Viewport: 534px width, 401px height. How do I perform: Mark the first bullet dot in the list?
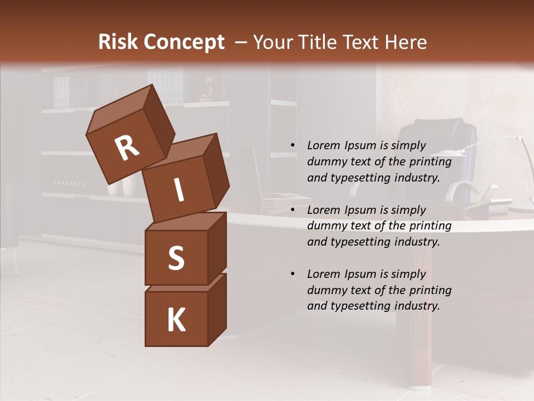[x=293, y=145]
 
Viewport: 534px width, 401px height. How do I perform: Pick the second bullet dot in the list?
[x=293, y=210]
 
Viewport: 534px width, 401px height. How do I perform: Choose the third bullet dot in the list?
[x=293, y=274]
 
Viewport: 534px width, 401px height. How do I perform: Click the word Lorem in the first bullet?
[x=322, y=145]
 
